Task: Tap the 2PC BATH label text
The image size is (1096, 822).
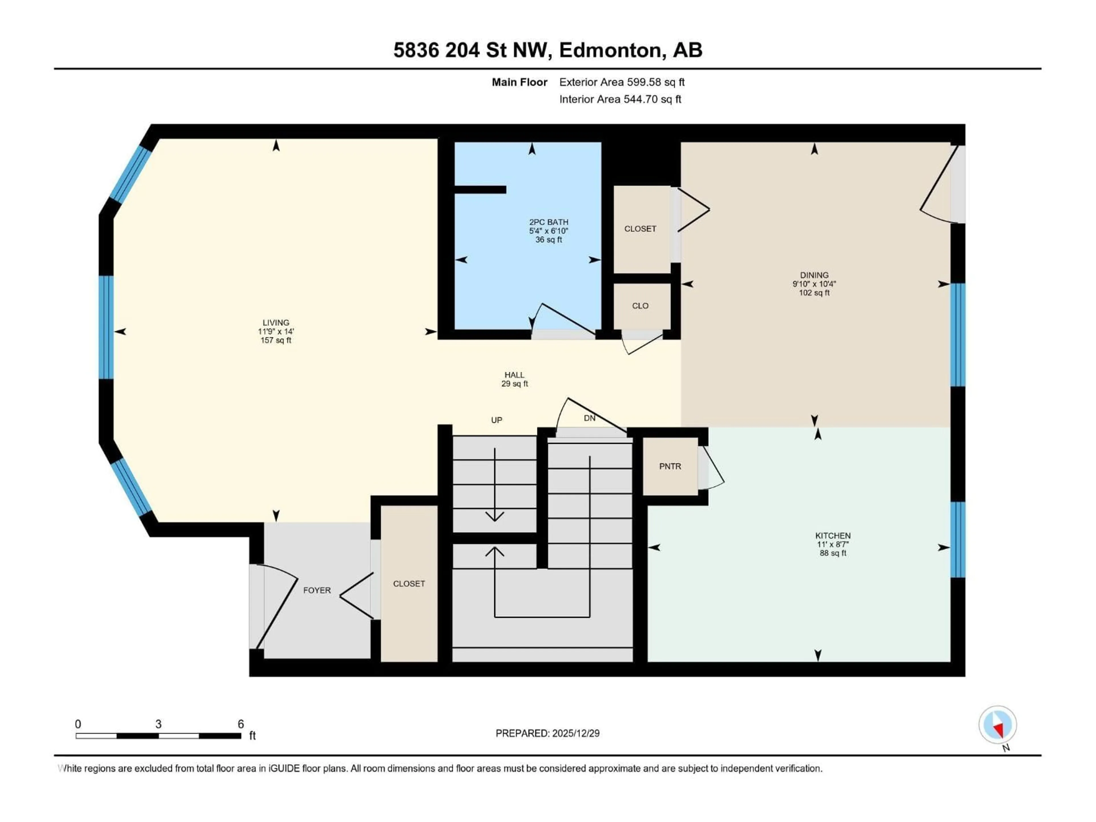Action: (549, 222)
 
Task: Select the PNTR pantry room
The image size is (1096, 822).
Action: (670, 466)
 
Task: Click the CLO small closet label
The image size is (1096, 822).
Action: (640, 306)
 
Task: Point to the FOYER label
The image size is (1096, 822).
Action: (317, 590)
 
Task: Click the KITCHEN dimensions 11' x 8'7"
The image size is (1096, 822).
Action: (833, 544)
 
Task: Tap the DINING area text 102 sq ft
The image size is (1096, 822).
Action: (814, 293)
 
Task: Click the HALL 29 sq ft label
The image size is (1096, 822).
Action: (514, 379)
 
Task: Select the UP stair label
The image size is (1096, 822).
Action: (496, 420)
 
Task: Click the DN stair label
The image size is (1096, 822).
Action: (589, 418)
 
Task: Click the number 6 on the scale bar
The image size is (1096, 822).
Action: (241, 724)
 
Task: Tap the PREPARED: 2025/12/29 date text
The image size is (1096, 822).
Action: (547, 733)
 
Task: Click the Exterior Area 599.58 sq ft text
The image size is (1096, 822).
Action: (622, 82)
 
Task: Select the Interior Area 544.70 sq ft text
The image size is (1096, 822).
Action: (620, 99)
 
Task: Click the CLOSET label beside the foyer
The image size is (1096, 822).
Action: (409, 584)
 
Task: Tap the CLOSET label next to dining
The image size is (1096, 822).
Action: (640, 229)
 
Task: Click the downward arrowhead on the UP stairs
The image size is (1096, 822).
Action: (495, 517)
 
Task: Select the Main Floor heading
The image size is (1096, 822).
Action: (519, 82)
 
